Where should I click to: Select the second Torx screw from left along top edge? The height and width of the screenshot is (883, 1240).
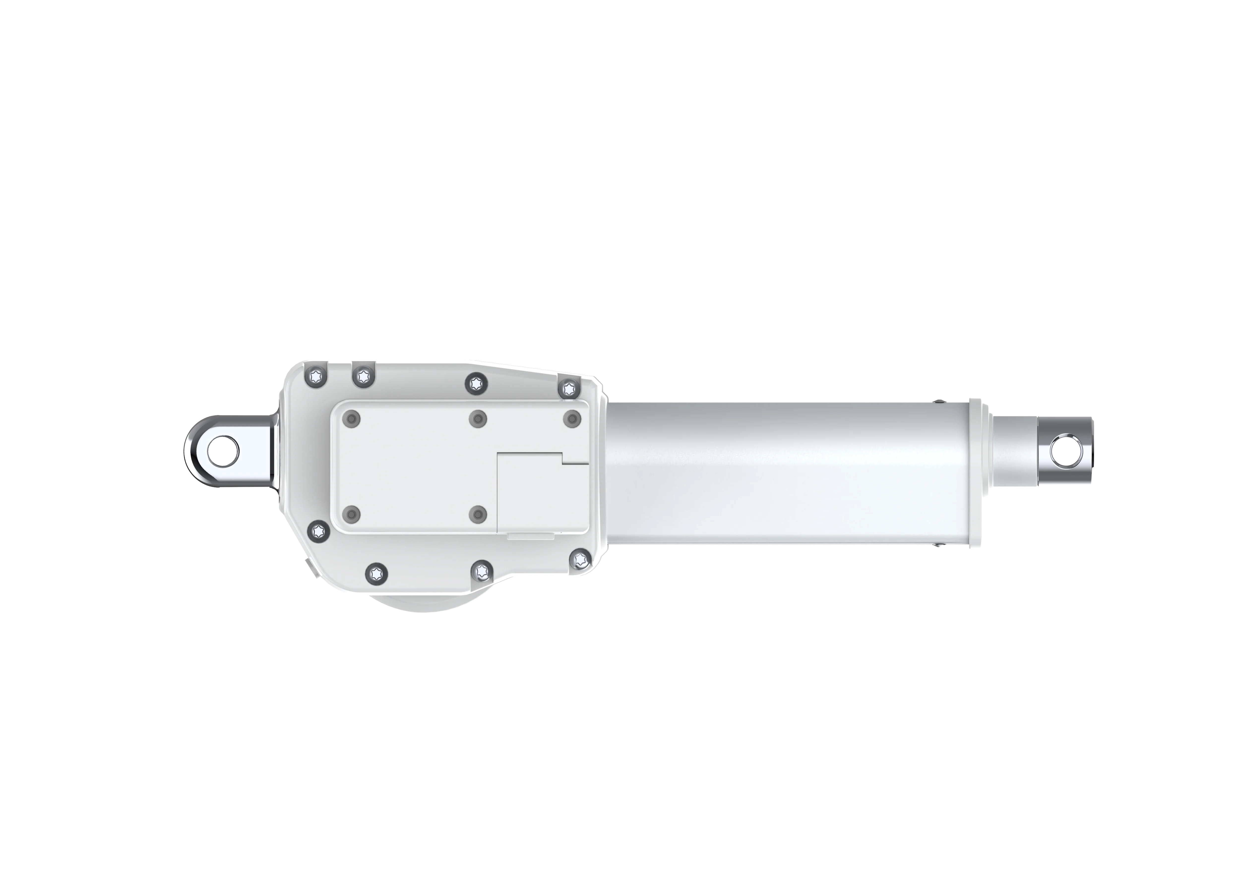click(x=362, y=375)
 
